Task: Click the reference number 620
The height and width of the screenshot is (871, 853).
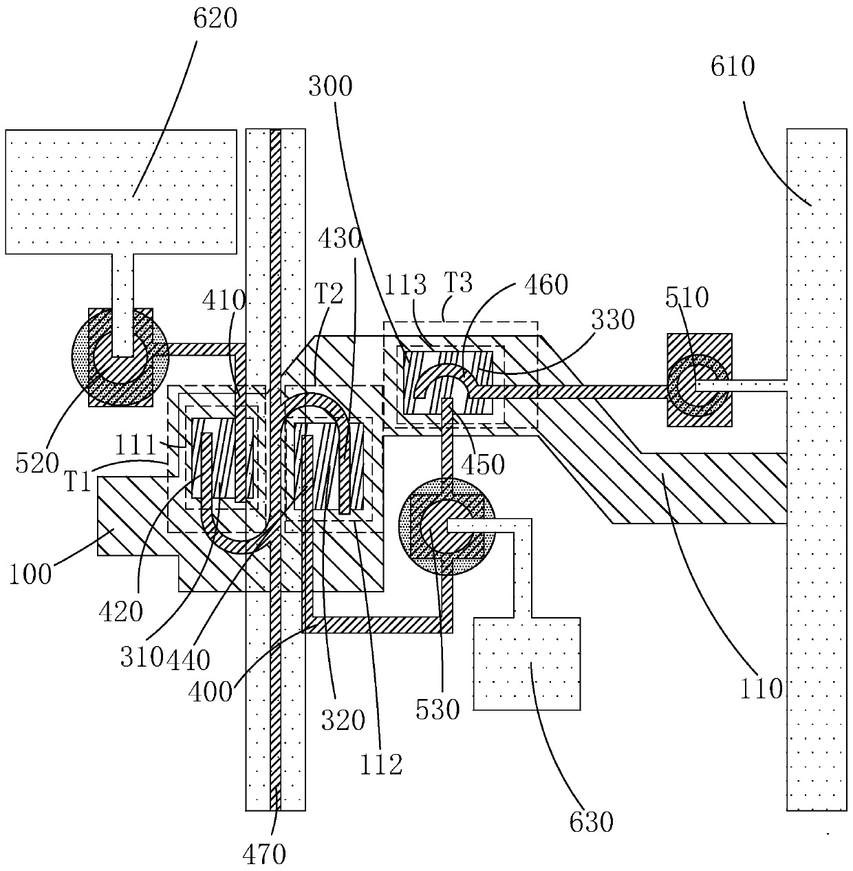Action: [215, 19]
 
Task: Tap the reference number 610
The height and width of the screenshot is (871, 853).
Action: [733, 67]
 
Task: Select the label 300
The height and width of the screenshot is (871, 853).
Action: [330, 86]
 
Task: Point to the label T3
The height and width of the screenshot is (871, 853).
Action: [458, 283]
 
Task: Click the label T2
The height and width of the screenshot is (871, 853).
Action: [329, 294]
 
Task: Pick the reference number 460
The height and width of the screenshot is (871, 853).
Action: [546, 285]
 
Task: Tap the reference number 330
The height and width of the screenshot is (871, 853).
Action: [613, 319]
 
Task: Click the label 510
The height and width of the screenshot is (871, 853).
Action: [687, 297]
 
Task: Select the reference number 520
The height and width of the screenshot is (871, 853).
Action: [38, 463]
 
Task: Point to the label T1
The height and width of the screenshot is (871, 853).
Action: [78, 481]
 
